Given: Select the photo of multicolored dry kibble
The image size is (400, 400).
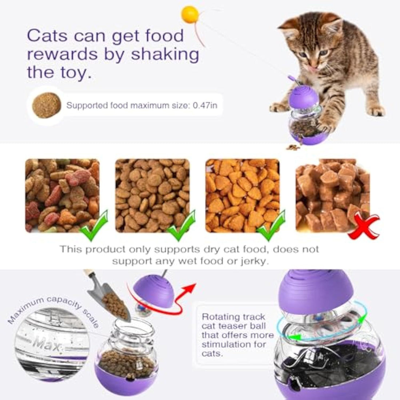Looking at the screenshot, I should [62, 195].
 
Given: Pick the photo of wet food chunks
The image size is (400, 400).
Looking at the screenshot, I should [333, 195].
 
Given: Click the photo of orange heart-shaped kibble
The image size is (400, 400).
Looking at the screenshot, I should [243, 195].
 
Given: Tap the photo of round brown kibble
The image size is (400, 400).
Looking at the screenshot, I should [152, 195].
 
